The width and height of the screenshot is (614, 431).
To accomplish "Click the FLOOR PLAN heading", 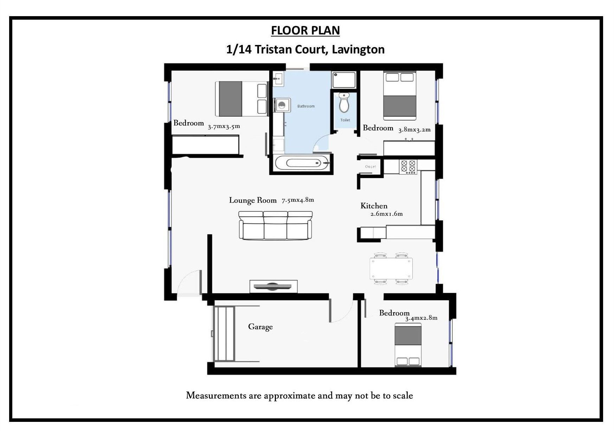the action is [305, 31].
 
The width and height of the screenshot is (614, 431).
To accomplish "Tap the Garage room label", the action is [260, 327].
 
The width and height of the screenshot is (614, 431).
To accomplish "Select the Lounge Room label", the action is [253, 200].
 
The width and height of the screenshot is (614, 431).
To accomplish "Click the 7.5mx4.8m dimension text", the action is [298, 200].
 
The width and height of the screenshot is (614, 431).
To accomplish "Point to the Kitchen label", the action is [374, 206].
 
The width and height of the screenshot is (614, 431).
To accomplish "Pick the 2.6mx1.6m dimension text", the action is [387, 214].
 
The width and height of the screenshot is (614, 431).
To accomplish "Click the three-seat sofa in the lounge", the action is [276, 226].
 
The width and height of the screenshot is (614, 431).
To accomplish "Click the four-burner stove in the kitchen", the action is [408, 166].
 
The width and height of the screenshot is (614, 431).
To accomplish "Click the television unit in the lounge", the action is [273, 286].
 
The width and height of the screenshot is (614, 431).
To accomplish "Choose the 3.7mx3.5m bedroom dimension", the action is [224, 126].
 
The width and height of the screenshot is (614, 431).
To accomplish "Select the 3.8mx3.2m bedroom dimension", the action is [414, 130].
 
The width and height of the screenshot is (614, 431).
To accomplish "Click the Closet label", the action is [370, 166].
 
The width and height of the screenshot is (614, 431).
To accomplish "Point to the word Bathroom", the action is [306, 106].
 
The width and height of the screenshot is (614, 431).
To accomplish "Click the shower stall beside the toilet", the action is [344, 80].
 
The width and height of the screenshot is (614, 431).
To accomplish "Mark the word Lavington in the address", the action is [358, 50].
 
